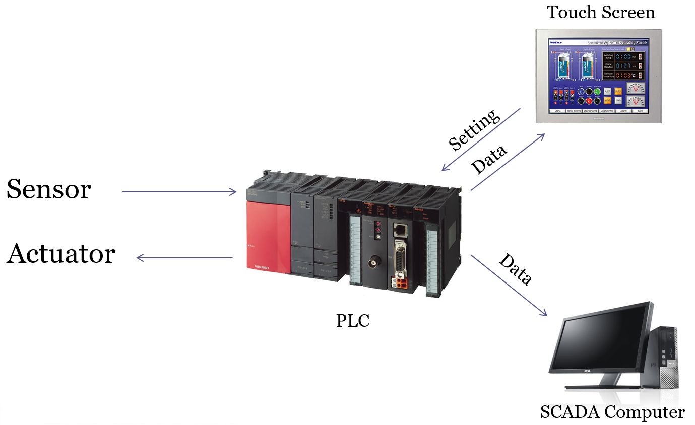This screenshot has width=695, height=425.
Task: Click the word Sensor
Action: pos(48,190)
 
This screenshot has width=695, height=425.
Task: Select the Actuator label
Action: pos(61,254)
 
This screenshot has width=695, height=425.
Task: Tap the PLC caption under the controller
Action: pos(353,321)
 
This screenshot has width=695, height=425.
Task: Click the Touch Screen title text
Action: pos(601,12)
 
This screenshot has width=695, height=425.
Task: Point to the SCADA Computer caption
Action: pos(612,413)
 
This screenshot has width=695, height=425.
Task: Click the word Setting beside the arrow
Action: pos(474,130)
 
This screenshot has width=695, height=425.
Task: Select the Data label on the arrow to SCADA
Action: pos(516,270)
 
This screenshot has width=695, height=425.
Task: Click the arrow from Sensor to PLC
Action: pos(179,192)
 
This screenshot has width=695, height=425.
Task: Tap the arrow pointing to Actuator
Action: pos(184,258)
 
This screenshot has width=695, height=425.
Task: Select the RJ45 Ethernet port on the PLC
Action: pos(401,230)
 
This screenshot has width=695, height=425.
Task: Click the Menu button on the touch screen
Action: pos(557,111)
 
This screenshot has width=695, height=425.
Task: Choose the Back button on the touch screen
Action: pos(640,111)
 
